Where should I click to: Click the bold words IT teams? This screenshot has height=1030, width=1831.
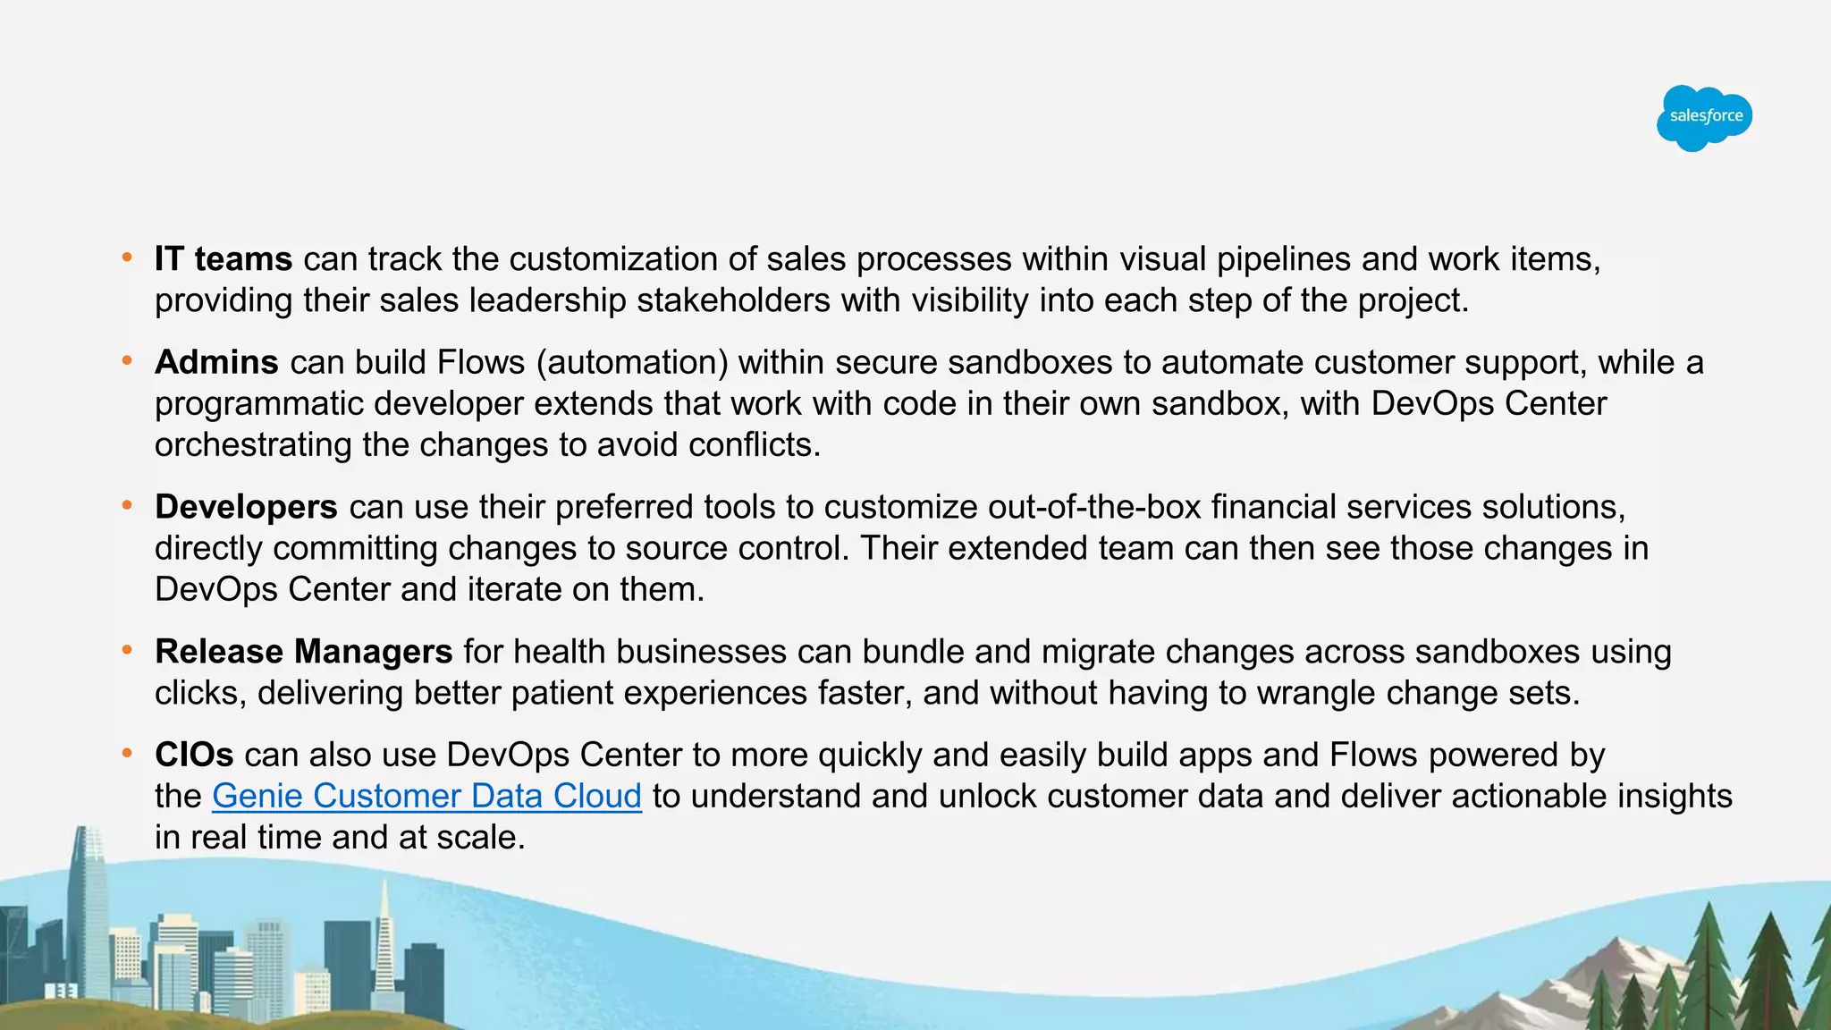point(224,259)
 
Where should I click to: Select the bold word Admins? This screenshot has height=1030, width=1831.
point(216,362)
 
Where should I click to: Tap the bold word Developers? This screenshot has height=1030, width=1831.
point(246,507)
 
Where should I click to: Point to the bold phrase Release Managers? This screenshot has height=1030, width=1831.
point(303,652)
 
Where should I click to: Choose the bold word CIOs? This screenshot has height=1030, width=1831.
point(194,755)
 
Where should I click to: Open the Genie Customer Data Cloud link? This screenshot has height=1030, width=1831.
point(426,796)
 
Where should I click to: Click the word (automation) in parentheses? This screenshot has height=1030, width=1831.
point(632,362)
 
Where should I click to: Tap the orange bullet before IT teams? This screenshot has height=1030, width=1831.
point(128,258)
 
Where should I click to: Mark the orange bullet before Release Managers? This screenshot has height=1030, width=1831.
point(128,651)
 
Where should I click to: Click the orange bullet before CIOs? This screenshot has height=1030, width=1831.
point(128,754)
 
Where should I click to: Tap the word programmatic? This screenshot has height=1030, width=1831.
point(258,403)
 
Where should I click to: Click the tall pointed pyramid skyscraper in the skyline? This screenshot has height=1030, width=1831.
point(384,930)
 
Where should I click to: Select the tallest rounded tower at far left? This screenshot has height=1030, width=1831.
point(90,903)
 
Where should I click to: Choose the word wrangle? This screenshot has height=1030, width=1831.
point(1311,693)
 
